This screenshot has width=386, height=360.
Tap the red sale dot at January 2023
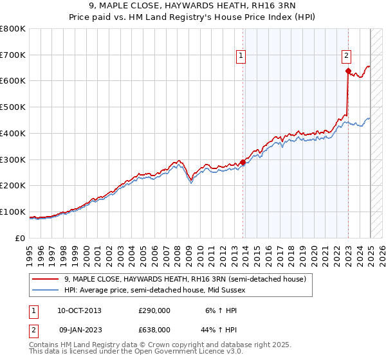pos(348,71)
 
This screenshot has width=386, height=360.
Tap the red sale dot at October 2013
pos(243,162)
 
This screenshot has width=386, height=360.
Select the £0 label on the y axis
pos(20,238)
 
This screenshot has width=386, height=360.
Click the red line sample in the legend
pos(46,279)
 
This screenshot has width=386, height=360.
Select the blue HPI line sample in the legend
pos(46,290)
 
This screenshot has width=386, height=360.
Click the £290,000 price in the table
pos(154,310)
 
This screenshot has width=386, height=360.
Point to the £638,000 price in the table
pos(154,329)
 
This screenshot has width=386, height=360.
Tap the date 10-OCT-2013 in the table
pos(80,310)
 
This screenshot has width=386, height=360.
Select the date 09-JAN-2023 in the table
pos(80,329)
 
